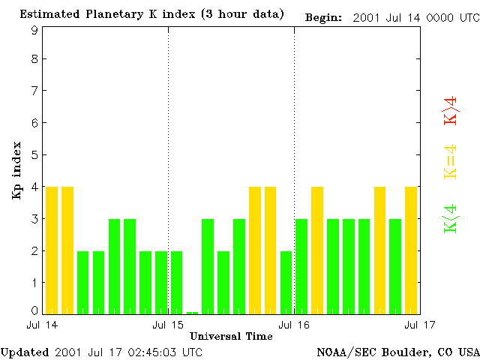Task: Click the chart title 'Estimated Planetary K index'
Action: click(x=112, y=14)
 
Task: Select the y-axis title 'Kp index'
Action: click(x=16, y=170)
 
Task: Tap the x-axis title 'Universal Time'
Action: click(x=231, y=336)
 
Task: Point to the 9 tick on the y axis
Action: click(x=34, y=30)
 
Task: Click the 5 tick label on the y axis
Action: click(x=34, y=154)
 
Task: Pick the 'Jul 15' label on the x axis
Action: click(x=168, y=325)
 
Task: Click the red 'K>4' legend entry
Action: click(x=451, y=110)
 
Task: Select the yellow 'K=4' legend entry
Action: click(x=451, y=161)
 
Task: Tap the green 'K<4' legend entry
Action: click(x=451, y=218)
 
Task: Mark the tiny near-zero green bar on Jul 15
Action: click(x=193, y=312)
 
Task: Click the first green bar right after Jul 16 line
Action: click(x=301, y=266)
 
